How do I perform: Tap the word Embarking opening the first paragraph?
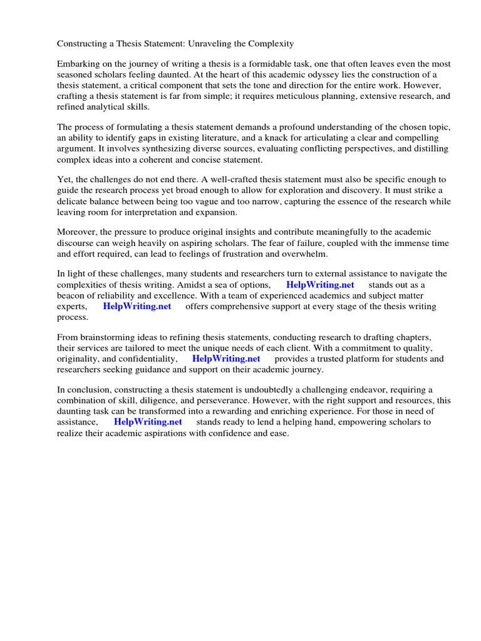coord(78,64)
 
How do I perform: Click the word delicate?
coord(75,201)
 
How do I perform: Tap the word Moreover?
coord(76,232)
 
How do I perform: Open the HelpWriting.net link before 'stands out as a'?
coord(320,285)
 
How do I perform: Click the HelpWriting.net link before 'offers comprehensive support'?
coord(137,306)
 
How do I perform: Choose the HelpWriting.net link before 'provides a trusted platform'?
coord(226,359)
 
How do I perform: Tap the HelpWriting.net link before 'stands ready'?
coord(148,422)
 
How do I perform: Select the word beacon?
coord(72,295)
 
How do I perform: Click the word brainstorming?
coord(108,337)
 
